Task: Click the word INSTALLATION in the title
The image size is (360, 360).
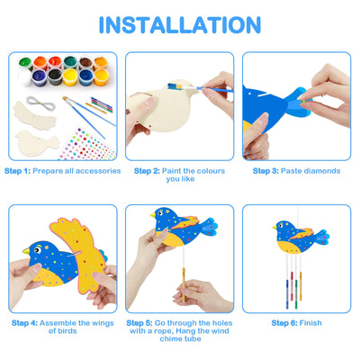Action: [179, 25]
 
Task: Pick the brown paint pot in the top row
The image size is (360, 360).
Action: [85, 63]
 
